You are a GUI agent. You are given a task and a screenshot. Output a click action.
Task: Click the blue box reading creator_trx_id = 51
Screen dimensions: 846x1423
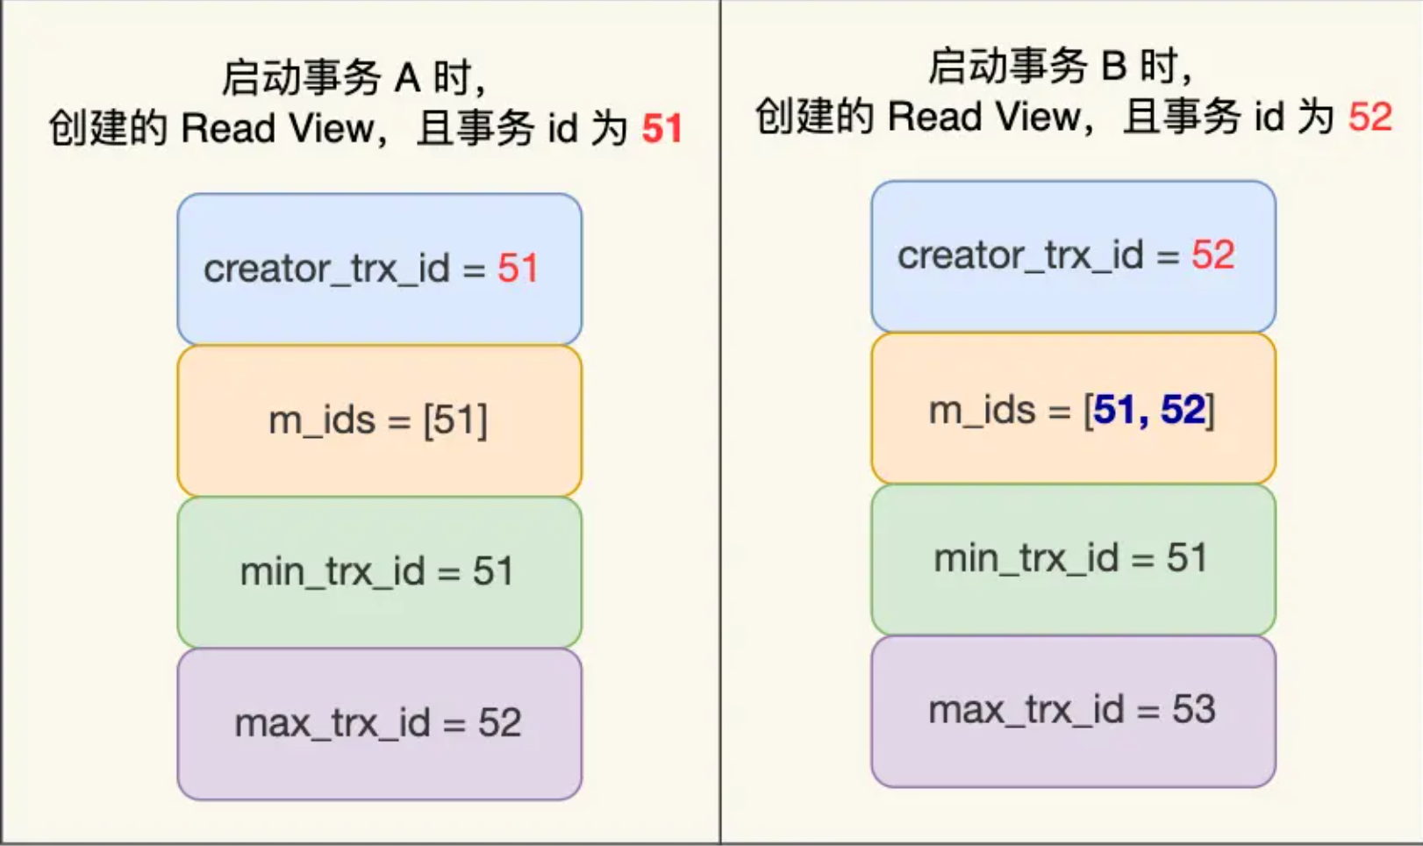379,269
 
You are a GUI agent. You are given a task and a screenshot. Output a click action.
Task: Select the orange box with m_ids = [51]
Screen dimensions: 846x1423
379,420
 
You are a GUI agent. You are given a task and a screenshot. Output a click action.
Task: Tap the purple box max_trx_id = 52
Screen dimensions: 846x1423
379,723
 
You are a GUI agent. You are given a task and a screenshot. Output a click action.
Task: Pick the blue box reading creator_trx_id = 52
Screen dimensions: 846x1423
1072,255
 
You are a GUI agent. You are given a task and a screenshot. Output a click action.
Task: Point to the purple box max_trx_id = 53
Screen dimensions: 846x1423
1072,710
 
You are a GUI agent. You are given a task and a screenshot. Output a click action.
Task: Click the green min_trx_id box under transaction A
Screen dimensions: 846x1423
379,572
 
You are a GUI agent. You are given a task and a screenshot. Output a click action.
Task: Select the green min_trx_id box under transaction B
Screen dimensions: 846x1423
1072,558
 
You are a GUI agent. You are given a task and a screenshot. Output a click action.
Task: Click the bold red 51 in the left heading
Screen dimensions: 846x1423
661,129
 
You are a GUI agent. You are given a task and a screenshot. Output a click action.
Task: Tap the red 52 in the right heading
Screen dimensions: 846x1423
1370,117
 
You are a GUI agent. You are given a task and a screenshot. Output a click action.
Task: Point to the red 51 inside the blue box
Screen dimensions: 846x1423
518,269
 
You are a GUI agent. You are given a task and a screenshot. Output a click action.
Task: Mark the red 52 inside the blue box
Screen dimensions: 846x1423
1212,255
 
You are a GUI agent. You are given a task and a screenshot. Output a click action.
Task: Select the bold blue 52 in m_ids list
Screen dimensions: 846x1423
1182,410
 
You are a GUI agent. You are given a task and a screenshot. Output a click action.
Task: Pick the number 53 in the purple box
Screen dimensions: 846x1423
1194,710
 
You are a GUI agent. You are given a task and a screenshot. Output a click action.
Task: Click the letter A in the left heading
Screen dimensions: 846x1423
406,78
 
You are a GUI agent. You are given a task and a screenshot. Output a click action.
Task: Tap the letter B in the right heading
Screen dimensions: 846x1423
1113,67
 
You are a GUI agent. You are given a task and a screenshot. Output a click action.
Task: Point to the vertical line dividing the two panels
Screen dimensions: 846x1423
720,421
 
